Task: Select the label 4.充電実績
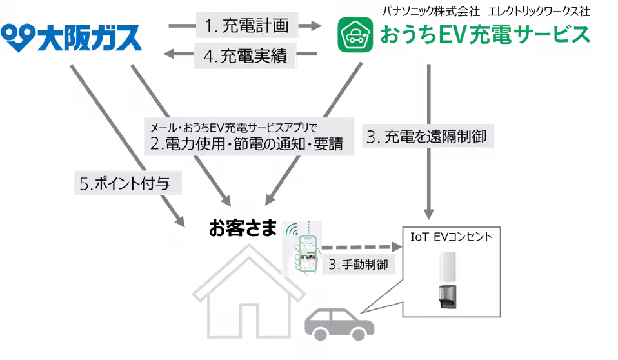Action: pos(246,56)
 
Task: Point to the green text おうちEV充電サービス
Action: pos(484,35)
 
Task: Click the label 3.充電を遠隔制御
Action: pos(430,136)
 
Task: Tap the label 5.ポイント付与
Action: pos(125,183)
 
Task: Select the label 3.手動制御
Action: pos(358,264)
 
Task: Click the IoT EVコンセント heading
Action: pos(452,237)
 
